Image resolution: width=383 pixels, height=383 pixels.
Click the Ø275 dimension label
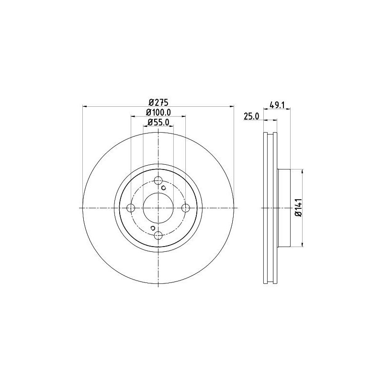pyautogui.click(x=158, y=102)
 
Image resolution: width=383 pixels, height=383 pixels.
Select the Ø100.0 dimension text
pyautogui.click(x=158, y=113)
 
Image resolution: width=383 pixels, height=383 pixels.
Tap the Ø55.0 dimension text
pyautogui.click(x=158, y=122)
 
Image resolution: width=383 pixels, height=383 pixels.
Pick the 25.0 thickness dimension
pyautogui.click(x=251, y=116)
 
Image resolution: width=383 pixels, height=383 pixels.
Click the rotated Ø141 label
pyautogui.click(x=298, y=208)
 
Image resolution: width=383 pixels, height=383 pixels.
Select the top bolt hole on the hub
pyautogui.click(x=158, y=181)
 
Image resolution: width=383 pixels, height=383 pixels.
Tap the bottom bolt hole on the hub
pyautogui.click(x=158, y=236)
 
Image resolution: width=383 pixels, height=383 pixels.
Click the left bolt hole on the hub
pyautogui.click(x=131, y=208)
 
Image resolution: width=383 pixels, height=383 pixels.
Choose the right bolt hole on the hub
pyautogui.click(x=186, y=208)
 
